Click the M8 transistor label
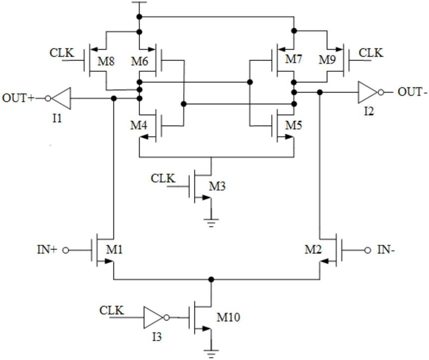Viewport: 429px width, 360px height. tap(106, 61)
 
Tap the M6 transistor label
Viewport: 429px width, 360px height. tap(139, 61)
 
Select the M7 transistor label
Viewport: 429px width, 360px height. tap(293, 59)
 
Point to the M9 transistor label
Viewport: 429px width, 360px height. tap(327, 60)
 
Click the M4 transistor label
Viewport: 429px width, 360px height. tap(139, 125)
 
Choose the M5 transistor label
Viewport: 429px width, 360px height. tap(293, 125)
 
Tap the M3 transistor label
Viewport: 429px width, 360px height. tap(217, 186)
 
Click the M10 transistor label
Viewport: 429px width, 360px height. tap(228, 317)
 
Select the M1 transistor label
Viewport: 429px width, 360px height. tap(115, 249)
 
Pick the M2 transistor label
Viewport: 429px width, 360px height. tap(313, 249)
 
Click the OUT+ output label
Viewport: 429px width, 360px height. tap(18, 98)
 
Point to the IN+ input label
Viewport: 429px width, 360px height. tap(47, 250)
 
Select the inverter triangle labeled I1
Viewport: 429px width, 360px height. tap(61, 98)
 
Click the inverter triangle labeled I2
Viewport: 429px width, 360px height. tap(368, 93)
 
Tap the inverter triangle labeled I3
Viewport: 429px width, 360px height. tap(154, 318)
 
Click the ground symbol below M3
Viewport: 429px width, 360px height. tap(211, 223)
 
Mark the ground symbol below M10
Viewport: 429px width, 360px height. tap(211, 354)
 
